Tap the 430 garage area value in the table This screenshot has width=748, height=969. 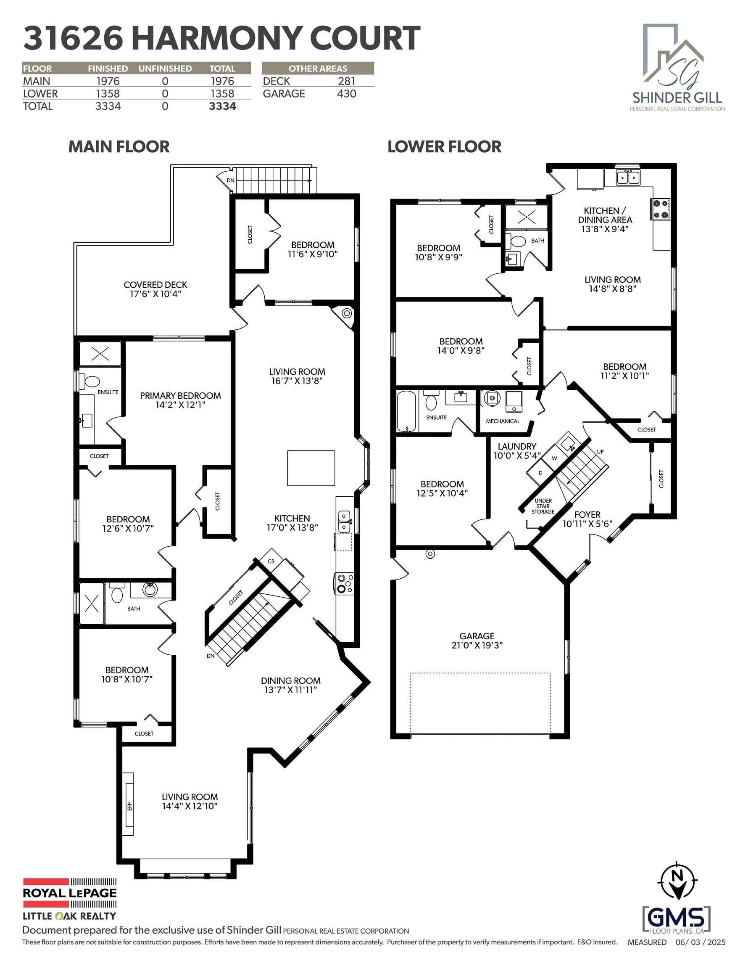[x=346, y=94]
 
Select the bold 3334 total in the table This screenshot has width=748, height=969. [x=222, y=106]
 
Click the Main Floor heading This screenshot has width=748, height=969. [x=119, y=147]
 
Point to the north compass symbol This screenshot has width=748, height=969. [x=677, y=888]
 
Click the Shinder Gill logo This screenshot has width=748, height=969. [x=677, y=66]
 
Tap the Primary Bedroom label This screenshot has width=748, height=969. [x=180, y=396]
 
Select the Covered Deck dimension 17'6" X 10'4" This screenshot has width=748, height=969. [x=155, y=294]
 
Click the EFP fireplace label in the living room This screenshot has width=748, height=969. [x=129, y=806]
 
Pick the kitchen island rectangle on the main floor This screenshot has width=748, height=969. [x=311, y=468]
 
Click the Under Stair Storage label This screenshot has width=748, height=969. [x=543, y=506]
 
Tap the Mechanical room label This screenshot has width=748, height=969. [x=502, y=421]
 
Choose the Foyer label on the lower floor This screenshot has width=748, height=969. [x=587, y=515]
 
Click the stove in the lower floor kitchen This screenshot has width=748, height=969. [x=660, y=209]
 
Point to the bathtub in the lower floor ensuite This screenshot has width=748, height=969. [x=407, y=412]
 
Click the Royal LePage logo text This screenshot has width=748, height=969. [x=70, y=893]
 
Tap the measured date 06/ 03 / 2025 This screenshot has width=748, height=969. [x=700, y=942]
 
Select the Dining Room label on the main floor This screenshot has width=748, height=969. [x=290, y=680]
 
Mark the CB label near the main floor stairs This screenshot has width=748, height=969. [x=271, y=561]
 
